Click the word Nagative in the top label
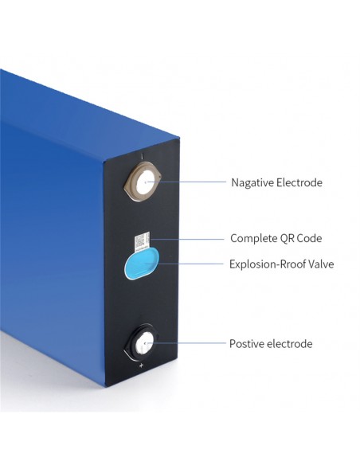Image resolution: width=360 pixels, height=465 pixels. coord(252,182)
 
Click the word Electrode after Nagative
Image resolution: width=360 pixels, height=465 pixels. coord(299,182)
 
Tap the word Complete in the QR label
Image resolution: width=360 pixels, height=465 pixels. coord(253,238)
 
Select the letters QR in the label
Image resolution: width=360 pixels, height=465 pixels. coord(287,238)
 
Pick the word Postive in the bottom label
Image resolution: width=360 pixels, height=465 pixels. coord(247,344)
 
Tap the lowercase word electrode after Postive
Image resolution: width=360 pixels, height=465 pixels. coord(289,344)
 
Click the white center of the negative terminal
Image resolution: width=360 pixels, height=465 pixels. coord(145,182)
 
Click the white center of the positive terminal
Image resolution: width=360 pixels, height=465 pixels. coord(145,343)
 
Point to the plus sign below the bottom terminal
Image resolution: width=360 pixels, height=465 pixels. coord(141,365)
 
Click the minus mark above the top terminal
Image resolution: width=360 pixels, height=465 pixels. coord(143,156)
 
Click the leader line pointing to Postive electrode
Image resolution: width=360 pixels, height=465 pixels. coord(186,343)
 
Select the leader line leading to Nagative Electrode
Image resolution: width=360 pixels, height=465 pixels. coord(186,182)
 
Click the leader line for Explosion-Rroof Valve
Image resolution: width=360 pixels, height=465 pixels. coord(184,264)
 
